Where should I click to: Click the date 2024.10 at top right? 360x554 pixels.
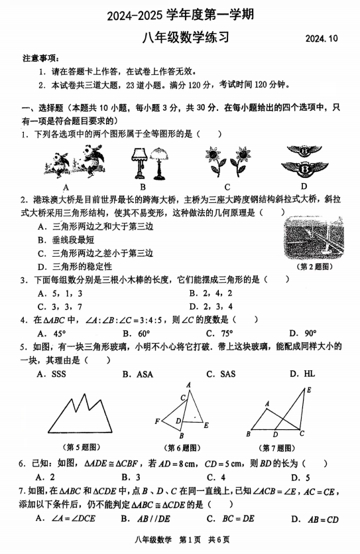(322, 39)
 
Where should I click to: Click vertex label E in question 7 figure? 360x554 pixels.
(308, 389)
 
